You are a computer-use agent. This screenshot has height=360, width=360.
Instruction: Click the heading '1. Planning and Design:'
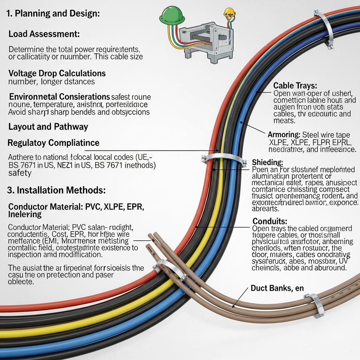(53, 14)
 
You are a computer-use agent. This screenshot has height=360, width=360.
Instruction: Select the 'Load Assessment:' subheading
(44, 34)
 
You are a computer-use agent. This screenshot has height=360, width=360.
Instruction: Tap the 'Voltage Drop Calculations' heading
(57, 73)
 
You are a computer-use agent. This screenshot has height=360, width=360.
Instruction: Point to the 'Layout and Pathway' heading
(48, 127)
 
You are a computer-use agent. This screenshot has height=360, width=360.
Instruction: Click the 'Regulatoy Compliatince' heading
(53, 143)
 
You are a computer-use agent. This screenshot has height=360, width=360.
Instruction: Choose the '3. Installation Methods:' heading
(56, 190)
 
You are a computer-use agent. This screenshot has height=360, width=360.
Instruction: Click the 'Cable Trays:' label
(295, 85)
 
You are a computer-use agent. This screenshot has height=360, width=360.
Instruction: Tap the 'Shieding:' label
(268, 162)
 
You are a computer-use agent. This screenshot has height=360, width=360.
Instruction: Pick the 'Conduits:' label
(270, 221)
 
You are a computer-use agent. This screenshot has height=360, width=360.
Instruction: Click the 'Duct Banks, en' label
(277, 288)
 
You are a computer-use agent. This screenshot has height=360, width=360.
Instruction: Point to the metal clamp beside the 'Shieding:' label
(224, 159)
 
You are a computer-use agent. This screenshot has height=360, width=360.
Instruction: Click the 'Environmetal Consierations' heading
(59, 96)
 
